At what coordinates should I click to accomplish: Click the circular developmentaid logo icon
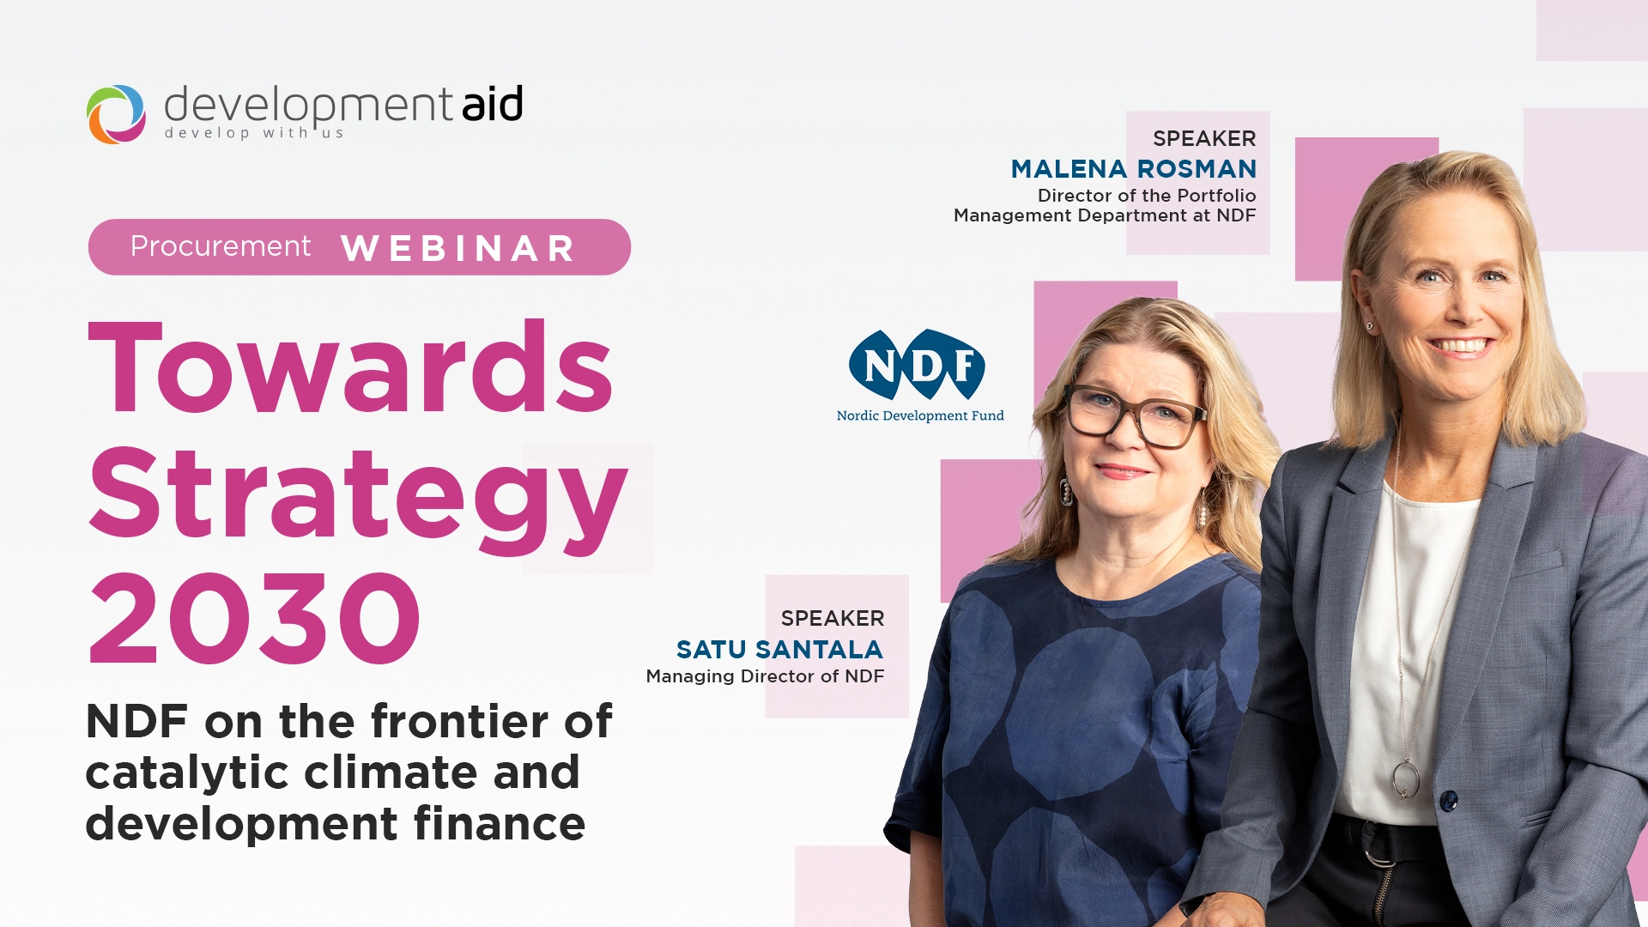pyautogui.click(x=116, y=114)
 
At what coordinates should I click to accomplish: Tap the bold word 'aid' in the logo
pyautogui.click(x=492, y=105)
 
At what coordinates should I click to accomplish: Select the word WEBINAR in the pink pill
pyautogui.click(x=457, y=249)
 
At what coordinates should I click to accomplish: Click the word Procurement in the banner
pyautogui.click(x=221, y=246)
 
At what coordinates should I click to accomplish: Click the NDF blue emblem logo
pyautogui.click(x=917, y=364)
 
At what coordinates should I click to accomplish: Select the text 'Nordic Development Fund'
pyautogui.click(x=920, y=416)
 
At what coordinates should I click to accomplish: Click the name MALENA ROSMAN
pyautogui.click(x=1133, y=169)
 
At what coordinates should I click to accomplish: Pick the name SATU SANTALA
pyautogui.click(x=779, y=650)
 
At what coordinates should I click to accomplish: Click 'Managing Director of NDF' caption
pyautogui.click(x=765, y=676)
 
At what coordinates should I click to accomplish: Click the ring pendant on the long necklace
pyautogui.click(x=1405, y=779)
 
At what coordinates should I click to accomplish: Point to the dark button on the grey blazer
pyautogui.click(x=1449, y=801)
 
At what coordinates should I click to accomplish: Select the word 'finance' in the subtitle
pyautogui.click(x=500, y=824)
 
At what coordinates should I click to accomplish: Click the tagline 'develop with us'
pyautogui.click(x=254, y=133)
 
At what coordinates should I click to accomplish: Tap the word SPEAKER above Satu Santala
pyautogui.click(x=833, y=619)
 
